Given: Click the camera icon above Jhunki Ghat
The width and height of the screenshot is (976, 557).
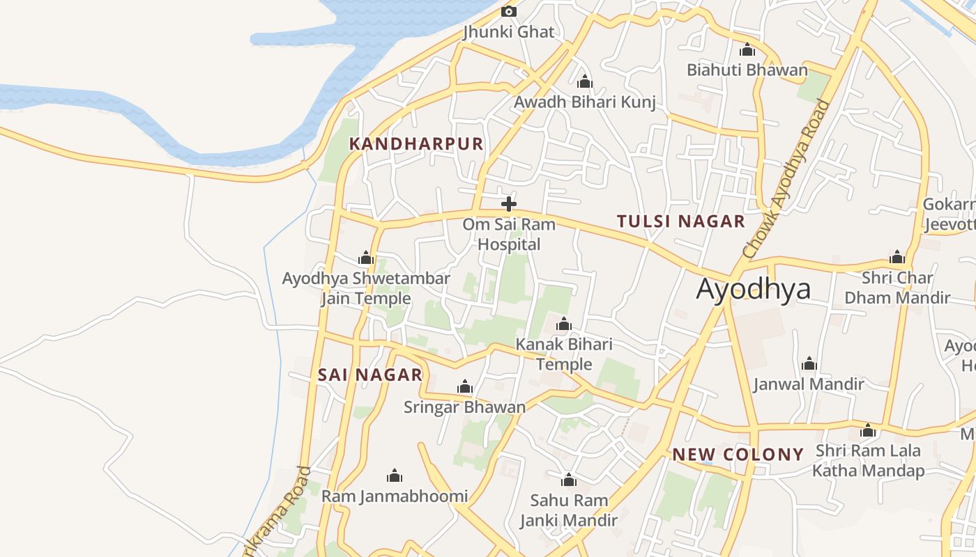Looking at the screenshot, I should click(x=509, y=11).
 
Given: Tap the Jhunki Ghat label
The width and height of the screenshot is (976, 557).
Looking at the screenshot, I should click(x=509, y=32).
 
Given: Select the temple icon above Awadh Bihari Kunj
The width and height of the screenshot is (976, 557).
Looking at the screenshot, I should click(x=585, y=82).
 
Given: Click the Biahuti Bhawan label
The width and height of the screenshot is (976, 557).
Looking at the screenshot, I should click(x=747, y=70).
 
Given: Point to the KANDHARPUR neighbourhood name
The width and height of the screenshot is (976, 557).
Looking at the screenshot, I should click(x=416, y=144).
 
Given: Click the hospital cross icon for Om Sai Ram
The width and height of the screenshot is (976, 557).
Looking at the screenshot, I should click(x=509, y=204).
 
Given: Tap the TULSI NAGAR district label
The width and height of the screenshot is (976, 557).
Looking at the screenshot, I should click(x=681, y=221).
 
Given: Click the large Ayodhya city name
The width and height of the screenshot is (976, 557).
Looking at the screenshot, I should click(x=754, y=288).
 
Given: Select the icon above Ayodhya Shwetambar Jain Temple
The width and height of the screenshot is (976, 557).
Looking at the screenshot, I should click(x=366, y=258).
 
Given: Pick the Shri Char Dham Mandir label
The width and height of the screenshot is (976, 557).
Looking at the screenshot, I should click(x=897, y=288).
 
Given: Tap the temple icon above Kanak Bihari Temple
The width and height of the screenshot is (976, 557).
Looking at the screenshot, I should click(x=563, y=324).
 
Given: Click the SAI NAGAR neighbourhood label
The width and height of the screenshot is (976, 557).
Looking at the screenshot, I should click(x=370, y=375).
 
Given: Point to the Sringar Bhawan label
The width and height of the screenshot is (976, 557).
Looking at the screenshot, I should click(x=464, y=407).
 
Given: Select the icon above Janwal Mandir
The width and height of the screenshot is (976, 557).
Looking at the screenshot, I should click(x=809, y=363).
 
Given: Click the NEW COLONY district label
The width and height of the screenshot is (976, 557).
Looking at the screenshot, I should click(x=738, y=455).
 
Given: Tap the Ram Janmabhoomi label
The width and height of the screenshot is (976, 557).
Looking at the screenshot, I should click(x=395, y=496).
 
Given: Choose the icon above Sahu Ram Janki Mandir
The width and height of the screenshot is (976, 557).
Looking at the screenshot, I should click(x=569, y=480).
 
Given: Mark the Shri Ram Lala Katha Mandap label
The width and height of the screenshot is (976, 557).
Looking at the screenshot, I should click(x=868, y=460).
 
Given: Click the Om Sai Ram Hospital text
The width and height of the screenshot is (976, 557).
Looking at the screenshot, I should click(x=509, y=234).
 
